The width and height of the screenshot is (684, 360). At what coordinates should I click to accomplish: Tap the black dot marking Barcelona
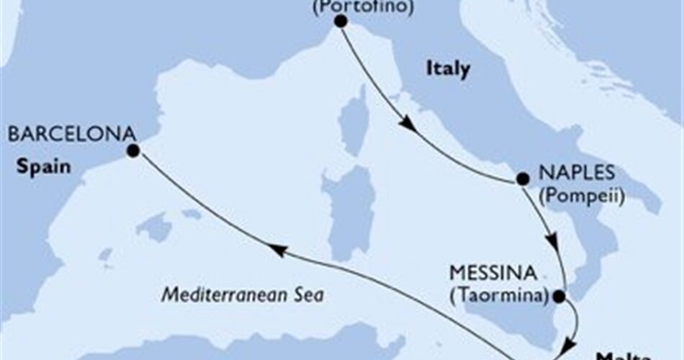[x=132, y=151]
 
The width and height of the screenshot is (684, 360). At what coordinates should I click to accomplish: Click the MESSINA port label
[x=493, y=274]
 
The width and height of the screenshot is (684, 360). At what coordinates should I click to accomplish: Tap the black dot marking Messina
[x=558, y=295]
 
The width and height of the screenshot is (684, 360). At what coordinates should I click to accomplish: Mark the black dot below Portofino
[x=340, y=22]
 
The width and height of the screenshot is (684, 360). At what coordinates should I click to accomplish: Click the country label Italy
[x=448, y=69]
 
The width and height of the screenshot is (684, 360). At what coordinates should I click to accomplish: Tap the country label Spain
[x=45, y=168]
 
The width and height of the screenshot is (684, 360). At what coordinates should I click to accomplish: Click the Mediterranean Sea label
[x=242, y=294]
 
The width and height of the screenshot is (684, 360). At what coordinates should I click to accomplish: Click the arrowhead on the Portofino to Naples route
[x=408, y=125]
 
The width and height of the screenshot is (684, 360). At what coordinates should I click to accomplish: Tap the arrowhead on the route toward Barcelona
[x=278, y=249]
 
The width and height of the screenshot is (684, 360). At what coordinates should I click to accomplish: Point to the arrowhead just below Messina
[x=568, y=344]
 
